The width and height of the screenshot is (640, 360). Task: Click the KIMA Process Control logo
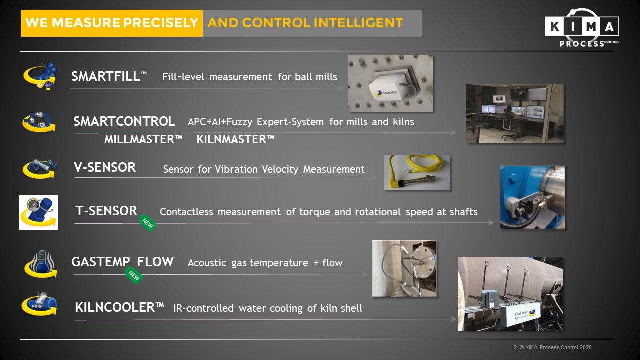click(582, 28)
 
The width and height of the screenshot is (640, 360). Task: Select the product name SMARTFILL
click(105, 76)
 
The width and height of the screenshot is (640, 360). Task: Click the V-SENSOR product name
click(105, 167)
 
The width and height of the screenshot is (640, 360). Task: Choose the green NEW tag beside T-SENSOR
click(147, 223)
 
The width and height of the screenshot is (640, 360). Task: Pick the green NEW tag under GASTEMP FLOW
click(134, 275)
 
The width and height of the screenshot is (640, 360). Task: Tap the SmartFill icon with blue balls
click(40, 76)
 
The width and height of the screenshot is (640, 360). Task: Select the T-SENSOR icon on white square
click(39, 212)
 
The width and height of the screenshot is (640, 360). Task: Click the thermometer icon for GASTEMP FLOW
click(41, 264)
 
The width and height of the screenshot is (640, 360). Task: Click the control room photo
click(515, 113)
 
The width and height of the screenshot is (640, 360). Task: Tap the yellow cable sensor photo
click(417, 172)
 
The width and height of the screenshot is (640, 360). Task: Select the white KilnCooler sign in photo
click(524, 315)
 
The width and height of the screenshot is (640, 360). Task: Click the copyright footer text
click(553, 347)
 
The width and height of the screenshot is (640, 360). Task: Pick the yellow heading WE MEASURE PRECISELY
click(112, 23)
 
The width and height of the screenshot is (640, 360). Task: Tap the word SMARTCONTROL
click(124, 121)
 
